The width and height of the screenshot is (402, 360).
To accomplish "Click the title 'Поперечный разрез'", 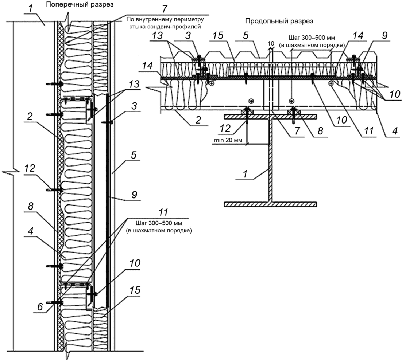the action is (80, 5).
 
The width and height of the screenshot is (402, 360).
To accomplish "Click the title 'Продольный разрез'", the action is (279, 21).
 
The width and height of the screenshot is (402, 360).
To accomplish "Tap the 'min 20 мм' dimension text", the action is (228, 140).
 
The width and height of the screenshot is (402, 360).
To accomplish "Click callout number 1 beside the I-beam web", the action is (246, 174).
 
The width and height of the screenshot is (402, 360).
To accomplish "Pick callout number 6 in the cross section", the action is (40, 306).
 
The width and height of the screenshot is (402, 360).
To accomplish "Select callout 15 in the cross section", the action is (135, 290).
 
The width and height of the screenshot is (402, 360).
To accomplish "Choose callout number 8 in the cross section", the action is (31, 206).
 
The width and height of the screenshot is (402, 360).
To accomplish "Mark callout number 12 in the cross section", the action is (30, 168).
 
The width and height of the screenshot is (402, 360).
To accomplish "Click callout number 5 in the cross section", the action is (134, 155).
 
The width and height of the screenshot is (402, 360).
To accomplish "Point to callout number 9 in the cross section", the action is (134, 195).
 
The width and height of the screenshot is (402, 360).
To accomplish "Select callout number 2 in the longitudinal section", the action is (198, 120).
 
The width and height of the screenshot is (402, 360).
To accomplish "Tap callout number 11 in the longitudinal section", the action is (369, 131).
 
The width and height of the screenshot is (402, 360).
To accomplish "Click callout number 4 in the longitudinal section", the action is (395, 131).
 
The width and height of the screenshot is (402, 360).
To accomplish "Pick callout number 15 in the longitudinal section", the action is (218, 36).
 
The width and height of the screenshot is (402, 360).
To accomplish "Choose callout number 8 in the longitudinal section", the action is (320, 131).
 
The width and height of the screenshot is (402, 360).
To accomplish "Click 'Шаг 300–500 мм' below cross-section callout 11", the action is (159, 223).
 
